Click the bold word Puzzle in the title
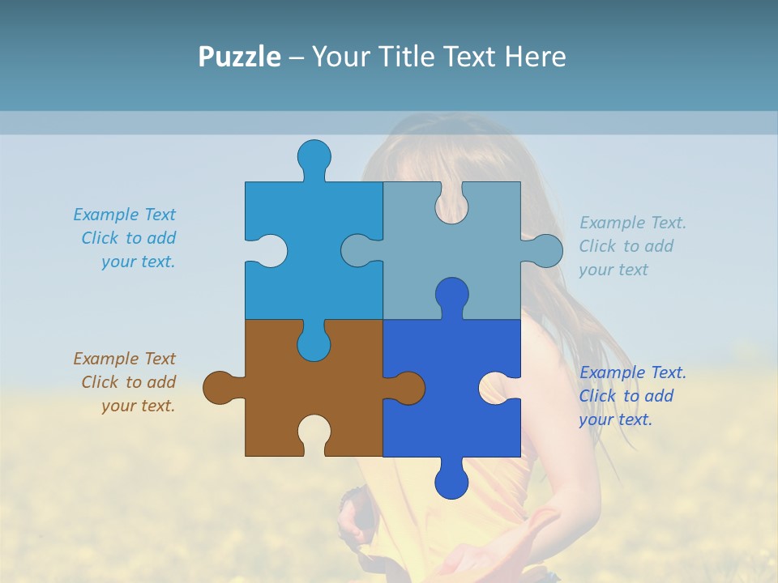(x=240, y=57)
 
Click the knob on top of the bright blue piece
(x=314, y=155)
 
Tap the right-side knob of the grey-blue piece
(x=546, y=250)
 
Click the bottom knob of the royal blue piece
(x=451, y=483)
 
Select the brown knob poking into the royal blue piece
(x=409, y=388)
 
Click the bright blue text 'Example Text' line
(x=124, y=215)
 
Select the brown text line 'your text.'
(x=138, y=406)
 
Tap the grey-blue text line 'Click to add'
(x=626, y=246)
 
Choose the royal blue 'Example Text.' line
(x=633, y=372)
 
